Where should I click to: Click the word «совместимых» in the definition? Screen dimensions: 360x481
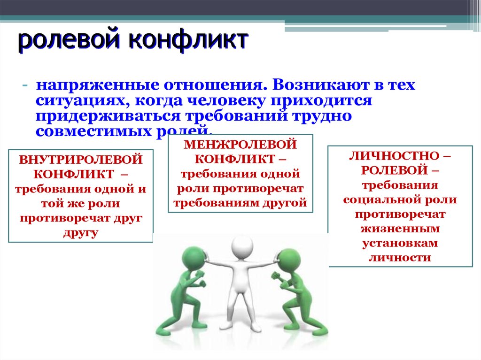93,130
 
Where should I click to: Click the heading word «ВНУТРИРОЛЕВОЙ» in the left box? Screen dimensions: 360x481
80,160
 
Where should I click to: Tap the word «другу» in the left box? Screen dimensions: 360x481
80,233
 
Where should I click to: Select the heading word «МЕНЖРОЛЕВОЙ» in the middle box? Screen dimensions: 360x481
240,144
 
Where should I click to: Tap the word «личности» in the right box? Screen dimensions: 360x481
400,258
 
